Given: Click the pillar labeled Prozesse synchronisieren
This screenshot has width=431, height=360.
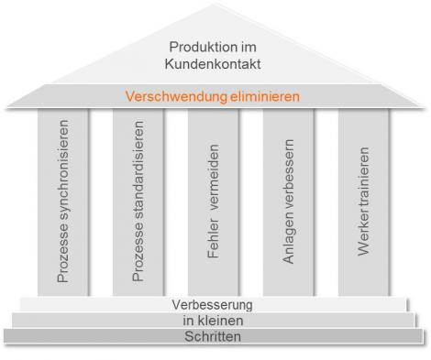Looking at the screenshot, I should pos(63,202).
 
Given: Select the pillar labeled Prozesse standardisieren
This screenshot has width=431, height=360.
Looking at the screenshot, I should pos(138,202).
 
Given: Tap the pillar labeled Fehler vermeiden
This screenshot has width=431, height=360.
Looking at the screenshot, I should pos(214,202).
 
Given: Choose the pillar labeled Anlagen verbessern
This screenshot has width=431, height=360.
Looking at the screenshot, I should pos(289,202).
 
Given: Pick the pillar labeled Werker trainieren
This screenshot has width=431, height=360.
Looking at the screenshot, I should pos(364,202).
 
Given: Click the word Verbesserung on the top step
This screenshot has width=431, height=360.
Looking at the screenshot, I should pos(212,304).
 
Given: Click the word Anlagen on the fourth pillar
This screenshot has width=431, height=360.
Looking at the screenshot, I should pos(289,244).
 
